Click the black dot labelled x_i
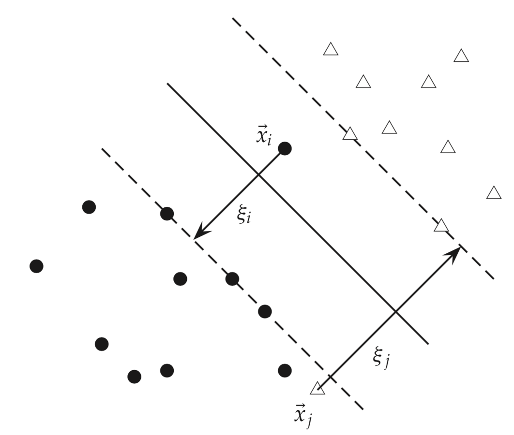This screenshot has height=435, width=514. coord(285,148)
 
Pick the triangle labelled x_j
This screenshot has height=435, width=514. coord(317,388)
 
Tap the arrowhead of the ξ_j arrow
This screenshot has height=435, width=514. coord(455,250)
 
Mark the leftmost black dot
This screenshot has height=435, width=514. coord(36,266)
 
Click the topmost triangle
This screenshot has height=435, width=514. coord(331,49)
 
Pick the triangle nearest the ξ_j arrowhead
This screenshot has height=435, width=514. coord(441,225)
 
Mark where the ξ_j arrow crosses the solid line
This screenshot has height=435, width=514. coord(395,312)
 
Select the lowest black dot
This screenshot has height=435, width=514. coord(134,376)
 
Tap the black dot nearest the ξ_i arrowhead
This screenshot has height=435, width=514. coord(167,213)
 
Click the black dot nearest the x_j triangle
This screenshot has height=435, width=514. coord(285,370)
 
